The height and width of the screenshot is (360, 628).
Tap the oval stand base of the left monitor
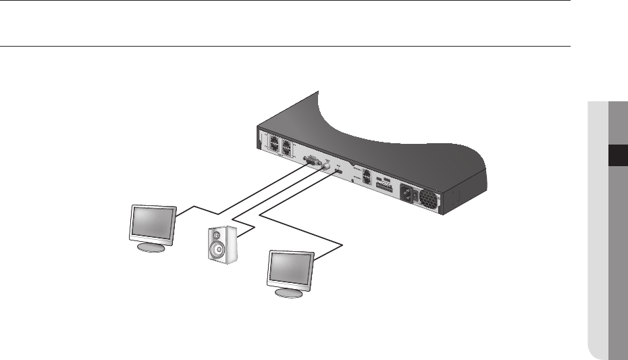150,247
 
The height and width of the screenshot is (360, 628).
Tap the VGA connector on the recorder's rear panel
313,161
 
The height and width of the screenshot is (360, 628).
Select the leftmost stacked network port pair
276,144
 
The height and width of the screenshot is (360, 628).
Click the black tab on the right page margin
618,157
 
